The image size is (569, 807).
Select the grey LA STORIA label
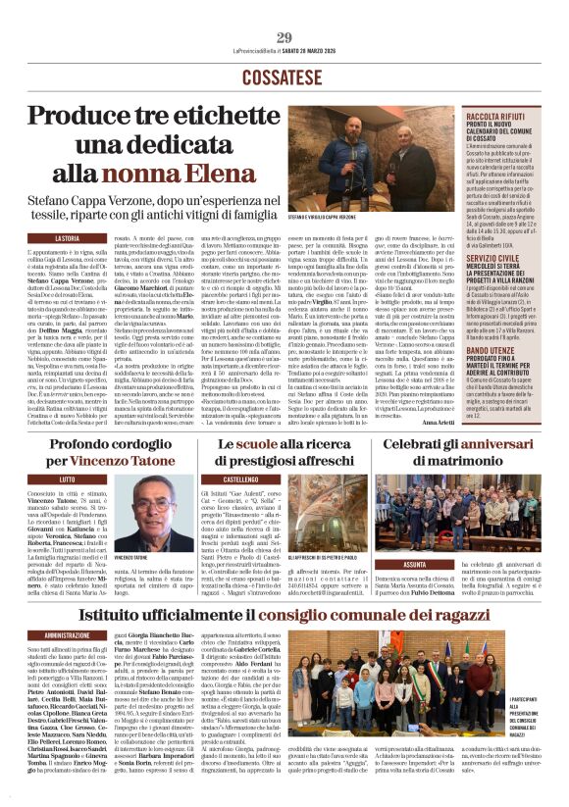tap(67, 238)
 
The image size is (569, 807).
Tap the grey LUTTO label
tap(66, 479)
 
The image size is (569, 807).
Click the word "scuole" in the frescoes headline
tap(257, 444)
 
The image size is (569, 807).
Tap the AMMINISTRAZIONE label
tap(67, 635)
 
